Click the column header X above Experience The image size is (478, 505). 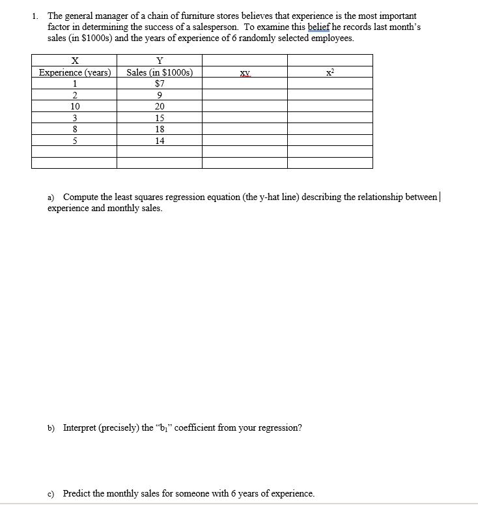tap(75, 61)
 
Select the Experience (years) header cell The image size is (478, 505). tap(75, 72)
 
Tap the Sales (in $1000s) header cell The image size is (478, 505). tap(160, 72)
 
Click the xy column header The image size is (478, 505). tap(245, 73)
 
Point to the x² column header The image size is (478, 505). tap(330, 72)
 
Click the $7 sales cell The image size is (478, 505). tap(160, 83)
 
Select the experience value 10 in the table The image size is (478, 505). tap(75, 106)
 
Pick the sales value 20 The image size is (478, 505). tap(160, 106)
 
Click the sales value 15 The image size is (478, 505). tap(160, 118)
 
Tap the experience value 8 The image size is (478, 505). tap(75, 129)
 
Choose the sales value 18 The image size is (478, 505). tap(160, 129)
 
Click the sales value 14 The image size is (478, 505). tap(160, 140)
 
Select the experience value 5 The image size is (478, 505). tap(75, 140)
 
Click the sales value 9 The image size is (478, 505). tap(160, 95)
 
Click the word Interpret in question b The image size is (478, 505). tap(81, 428)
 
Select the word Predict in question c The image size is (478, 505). tap(78, 493)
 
